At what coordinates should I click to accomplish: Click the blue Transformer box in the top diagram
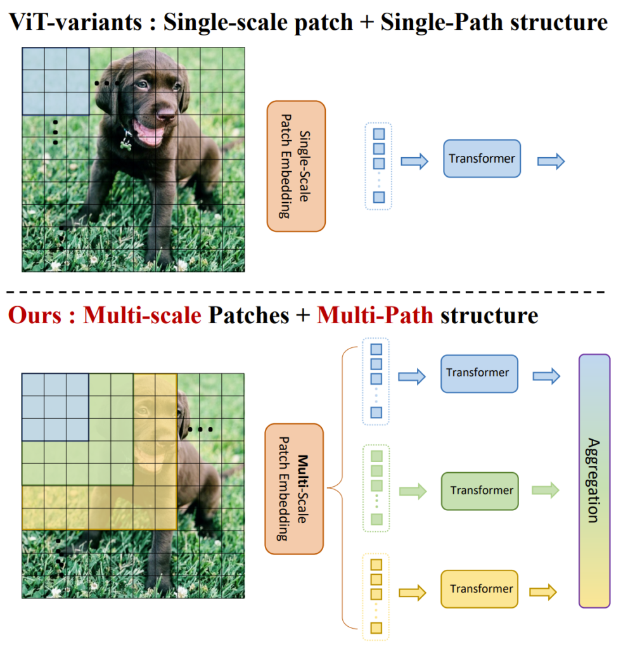482,158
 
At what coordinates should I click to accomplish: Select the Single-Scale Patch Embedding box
296,166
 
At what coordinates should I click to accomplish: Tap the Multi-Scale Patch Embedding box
294,489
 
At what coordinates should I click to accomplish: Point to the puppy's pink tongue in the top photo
148,134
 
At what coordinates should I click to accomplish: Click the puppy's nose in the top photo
166,113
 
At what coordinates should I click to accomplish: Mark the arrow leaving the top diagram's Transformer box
550,161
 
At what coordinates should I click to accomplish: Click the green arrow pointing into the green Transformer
412,491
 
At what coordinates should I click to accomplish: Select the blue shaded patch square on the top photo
56,80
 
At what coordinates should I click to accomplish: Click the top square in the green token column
376,456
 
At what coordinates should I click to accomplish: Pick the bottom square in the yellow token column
376,628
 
